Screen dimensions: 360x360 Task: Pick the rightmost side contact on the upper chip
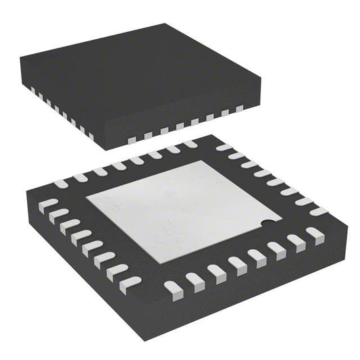[x=239, y=108]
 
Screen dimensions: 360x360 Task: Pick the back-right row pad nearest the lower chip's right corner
[x=315, y=211]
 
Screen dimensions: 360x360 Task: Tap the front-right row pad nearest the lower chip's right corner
[x=314, y=234]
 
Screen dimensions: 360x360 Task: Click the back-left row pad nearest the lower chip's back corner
[x=190, y=144]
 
